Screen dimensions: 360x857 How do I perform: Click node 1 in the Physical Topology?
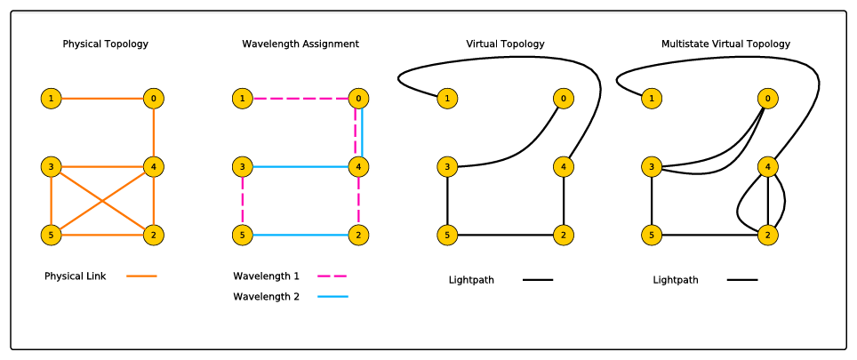point(52,98)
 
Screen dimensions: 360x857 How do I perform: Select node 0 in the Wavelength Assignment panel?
point(358,98)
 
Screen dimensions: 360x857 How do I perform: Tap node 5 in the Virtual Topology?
point(447,236)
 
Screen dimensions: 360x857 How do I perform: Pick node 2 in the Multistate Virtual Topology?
point(767,236)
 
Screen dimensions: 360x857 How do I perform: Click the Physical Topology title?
point(105,44)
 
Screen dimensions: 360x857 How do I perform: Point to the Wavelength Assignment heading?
point(300,44)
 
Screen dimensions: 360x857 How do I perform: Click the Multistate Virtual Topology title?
point(725,44)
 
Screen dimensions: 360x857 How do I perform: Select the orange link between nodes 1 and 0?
point(102,98)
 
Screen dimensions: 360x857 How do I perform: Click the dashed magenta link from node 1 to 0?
point(300,98)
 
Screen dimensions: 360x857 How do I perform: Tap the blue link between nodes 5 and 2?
point(300,236)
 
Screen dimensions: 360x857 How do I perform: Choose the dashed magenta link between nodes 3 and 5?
point(242,201)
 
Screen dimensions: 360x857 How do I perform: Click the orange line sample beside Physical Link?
point(141,276)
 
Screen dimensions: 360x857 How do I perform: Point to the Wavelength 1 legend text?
point(266,276)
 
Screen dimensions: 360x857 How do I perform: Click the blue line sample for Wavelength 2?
point(332,297)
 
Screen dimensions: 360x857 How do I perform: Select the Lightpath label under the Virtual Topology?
point(471,280)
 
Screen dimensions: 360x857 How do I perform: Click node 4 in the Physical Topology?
point(154,166)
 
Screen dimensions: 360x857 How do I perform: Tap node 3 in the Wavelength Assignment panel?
point(242,166)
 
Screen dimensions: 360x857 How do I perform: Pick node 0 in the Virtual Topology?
point(563,98)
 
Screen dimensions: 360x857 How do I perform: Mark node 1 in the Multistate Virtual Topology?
point(652,98)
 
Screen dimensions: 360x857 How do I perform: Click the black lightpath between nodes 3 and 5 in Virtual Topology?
point(447,201)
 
